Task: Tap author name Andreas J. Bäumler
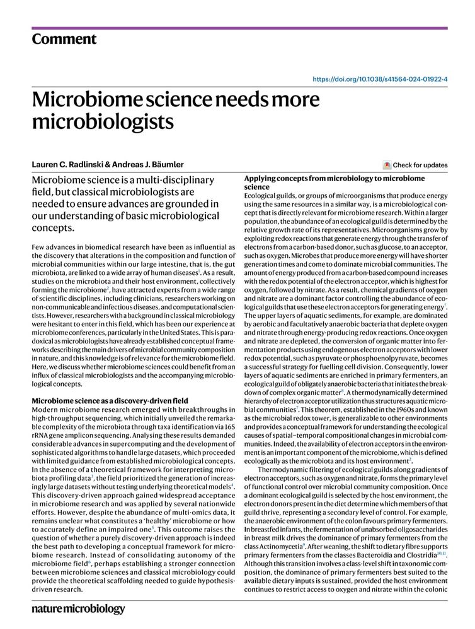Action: pyautogui.click(x=148, y=165)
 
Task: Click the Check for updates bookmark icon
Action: pyautogui.click(x=387, y=165)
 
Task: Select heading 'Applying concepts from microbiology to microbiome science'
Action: pyautogui.click(x=334, y=182)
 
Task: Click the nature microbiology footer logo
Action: pyautogui.click(x=78, y=609)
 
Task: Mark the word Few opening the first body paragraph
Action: pyautogui.click(x=39, y=249)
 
